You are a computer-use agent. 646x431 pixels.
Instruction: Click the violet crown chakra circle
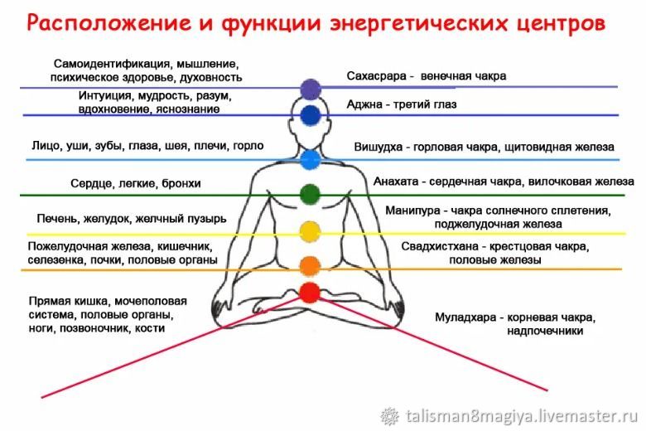pos(311,89)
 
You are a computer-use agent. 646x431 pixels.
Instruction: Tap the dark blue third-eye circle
pos(311,115)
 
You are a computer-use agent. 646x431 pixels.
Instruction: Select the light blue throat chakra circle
pos(311,159)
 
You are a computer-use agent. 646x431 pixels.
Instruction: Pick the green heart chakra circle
pos(310,194)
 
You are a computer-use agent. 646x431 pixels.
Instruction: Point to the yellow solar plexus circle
pos(310,231)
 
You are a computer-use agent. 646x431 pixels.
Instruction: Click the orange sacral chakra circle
pos(310,266)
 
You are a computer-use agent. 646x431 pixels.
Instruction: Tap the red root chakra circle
pos(310,293)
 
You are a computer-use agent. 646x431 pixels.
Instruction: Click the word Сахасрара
pos(376,76)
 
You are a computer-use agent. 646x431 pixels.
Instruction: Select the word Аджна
pos(364,104)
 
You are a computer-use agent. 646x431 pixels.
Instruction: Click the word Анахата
pos(396,182)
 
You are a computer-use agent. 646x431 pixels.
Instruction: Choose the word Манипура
pos(412,211)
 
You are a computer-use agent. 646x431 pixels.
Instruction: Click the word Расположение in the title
pos(109,23)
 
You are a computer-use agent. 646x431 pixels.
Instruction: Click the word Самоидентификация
pos(112,65)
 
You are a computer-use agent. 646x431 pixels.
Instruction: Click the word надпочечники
pos(545,332)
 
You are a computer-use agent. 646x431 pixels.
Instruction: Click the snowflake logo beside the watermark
pos(389,416)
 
